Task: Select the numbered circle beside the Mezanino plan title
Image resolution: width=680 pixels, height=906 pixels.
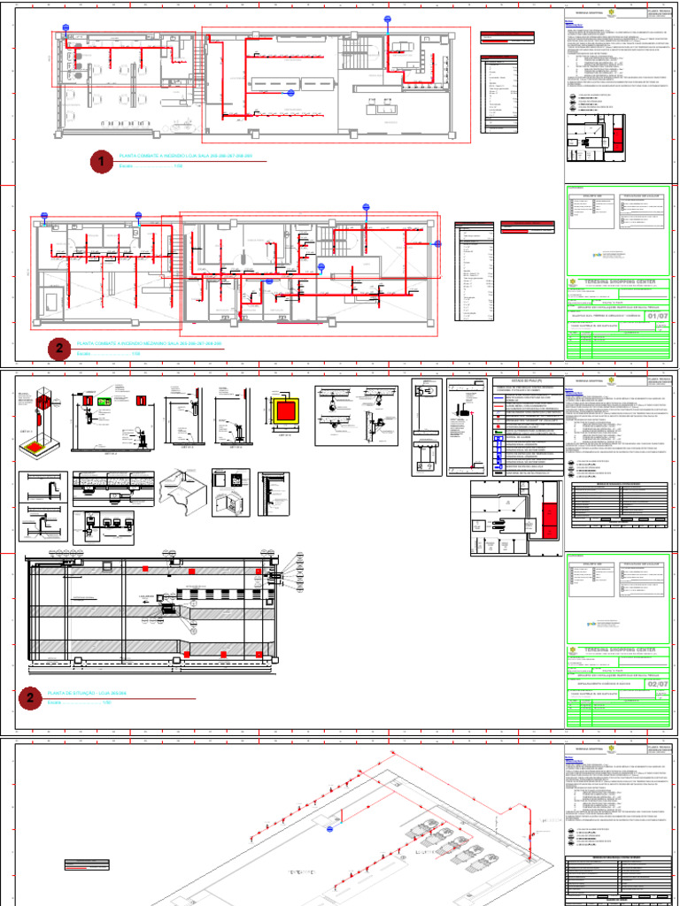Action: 59,349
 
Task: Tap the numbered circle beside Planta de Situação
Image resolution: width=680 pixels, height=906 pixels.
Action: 30,698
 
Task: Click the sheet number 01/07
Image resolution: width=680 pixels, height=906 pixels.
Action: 658,317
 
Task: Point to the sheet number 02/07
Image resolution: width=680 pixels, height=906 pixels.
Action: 658,684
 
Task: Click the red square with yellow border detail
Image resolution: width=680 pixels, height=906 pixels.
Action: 287,410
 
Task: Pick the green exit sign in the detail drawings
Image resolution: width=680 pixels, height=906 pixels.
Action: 104,402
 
